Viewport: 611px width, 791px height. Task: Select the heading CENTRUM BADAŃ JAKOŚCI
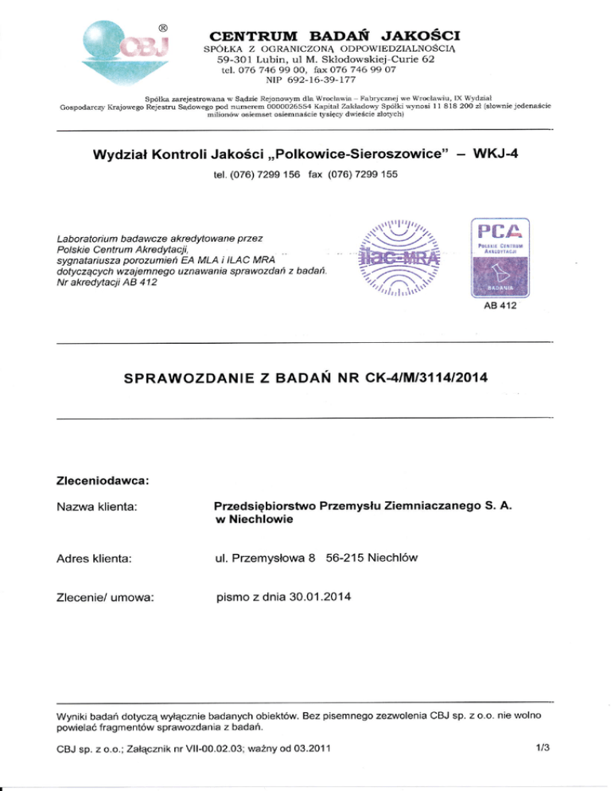[x=334, y=36]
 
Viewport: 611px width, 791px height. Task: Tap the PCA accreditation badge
[x=500, y=256]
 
